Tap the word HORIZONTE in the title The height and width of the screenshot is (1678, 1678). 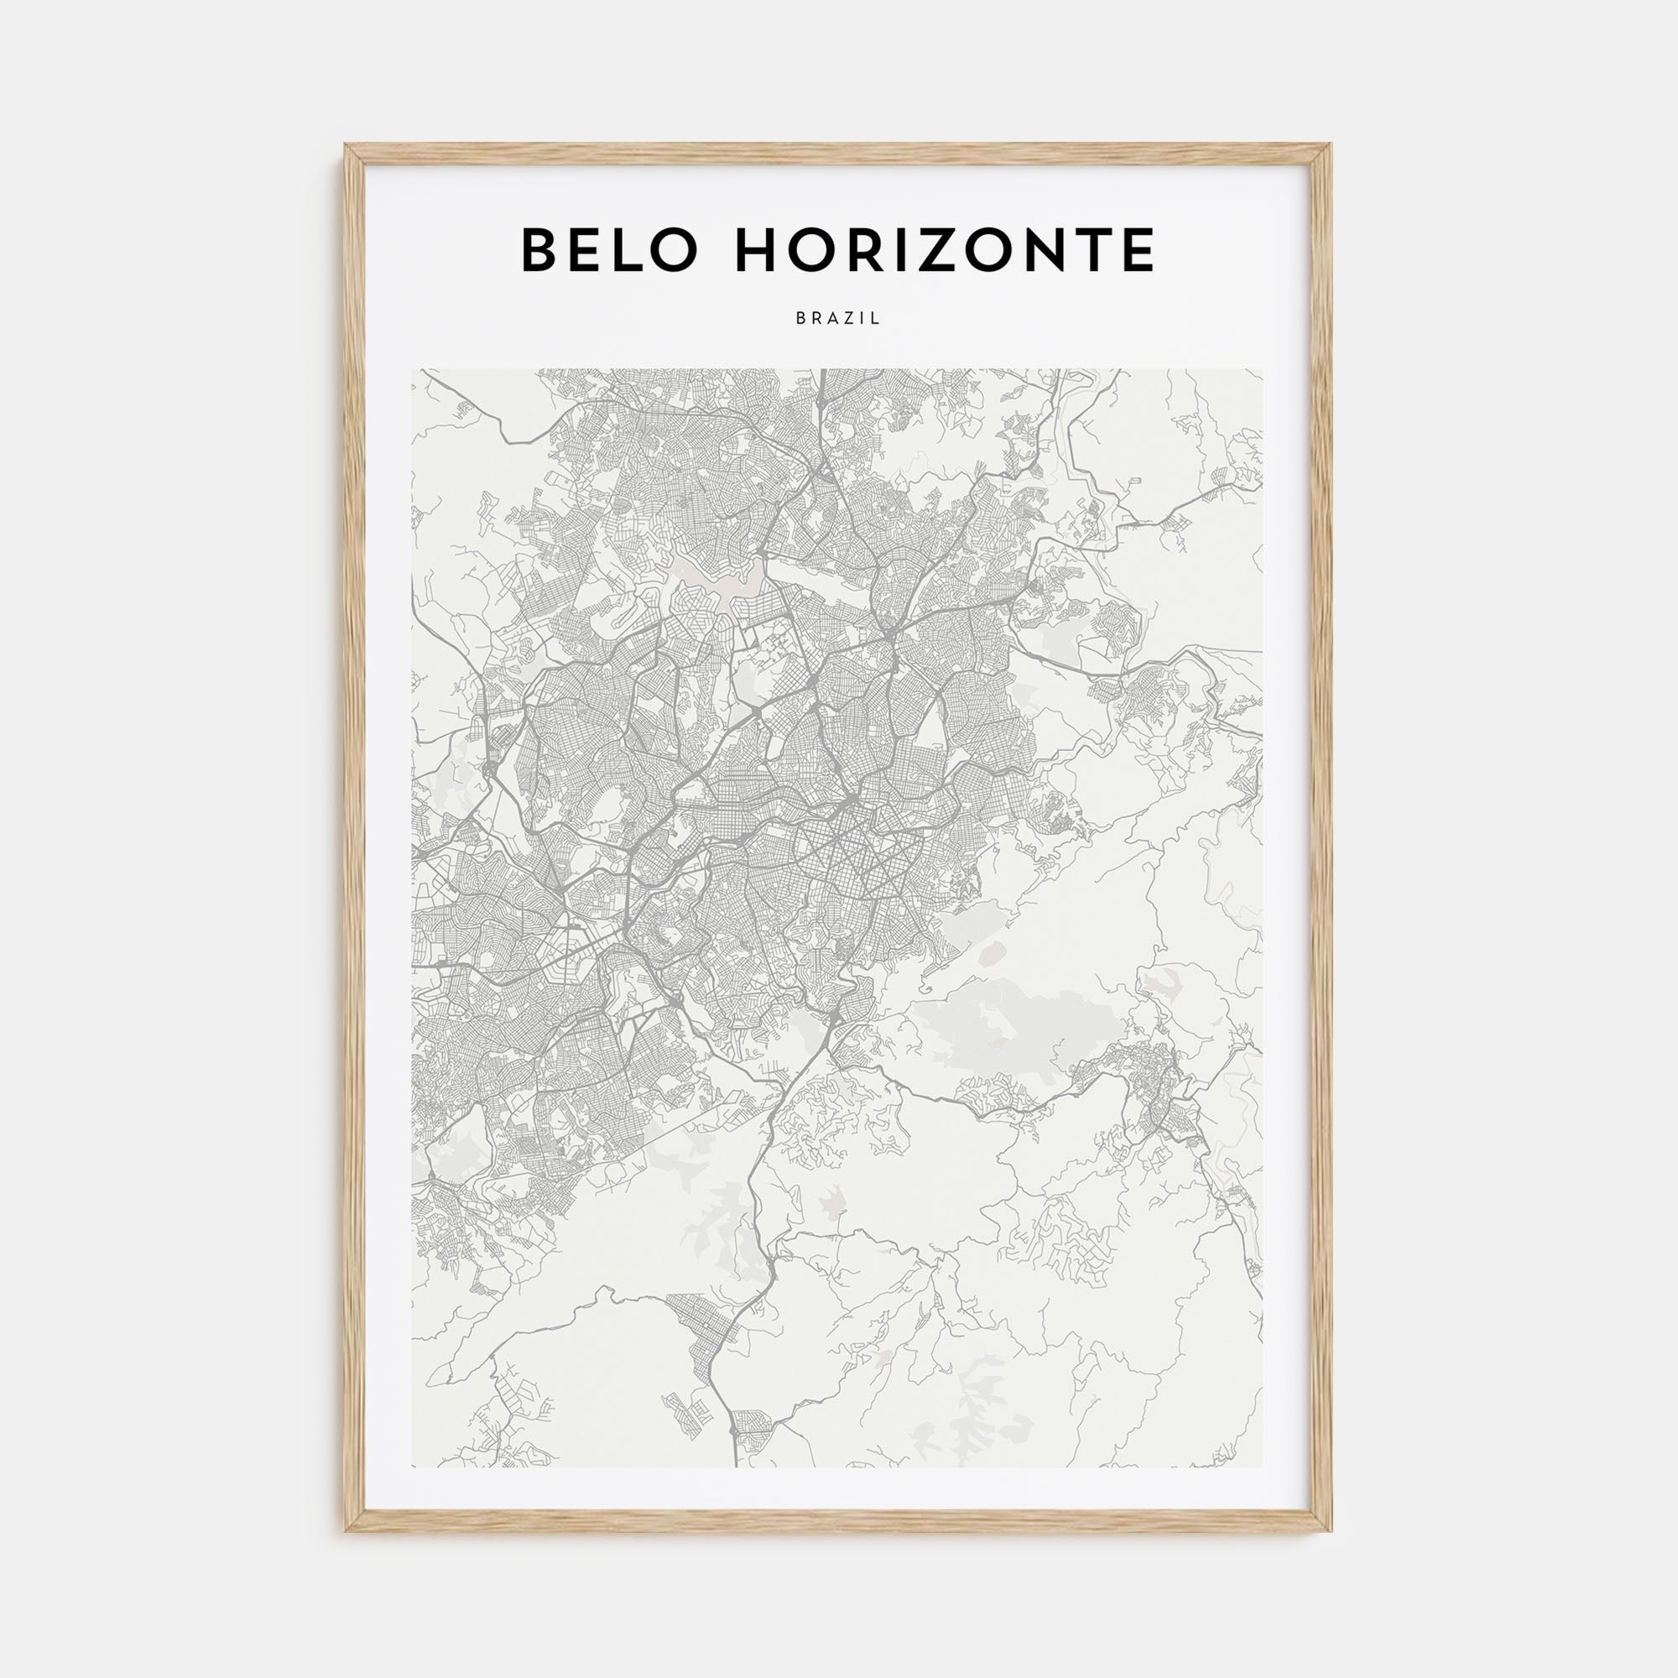click(x=945, y=250)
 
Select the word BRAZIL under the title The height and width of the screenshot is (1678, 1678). click(x=838, y=319)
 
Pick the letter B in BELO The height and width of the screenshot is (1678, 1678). click(x=540, y=250)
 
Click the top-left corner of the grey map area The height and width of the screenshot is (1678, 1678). click(x=413, y=370)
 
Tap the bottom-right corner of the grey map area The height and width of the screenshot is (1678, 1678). click(x=1263, y=1467)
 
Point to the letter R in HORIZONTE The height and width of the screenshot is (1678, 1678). click(x=875, y=250)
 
